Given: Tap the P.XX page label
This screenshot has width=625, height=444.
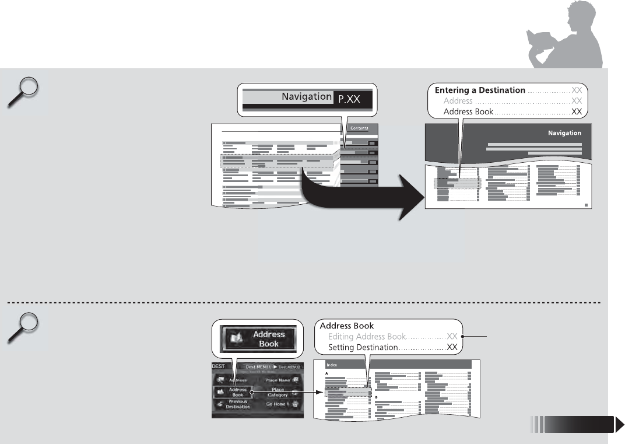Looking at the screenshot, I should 350,99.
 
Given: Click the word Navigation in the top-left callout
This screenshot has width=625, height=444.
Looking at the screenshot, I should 306,97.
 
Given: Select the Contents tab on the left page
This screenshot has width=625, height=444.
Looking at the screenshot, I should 359,127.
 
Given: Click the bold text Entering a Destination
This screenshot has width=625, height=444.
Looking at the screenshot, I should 480,90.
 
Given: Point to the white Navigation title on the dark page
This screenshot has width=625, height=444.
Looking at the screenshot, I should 564,132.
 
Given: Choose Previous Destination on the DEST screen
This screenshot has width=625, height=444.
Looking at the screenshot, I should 237,404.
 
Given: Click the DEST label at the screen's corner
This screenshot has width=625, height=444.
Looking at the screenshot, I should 218,367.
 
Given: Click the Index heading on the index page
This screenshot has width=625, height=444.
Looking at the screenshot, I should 332,365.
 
